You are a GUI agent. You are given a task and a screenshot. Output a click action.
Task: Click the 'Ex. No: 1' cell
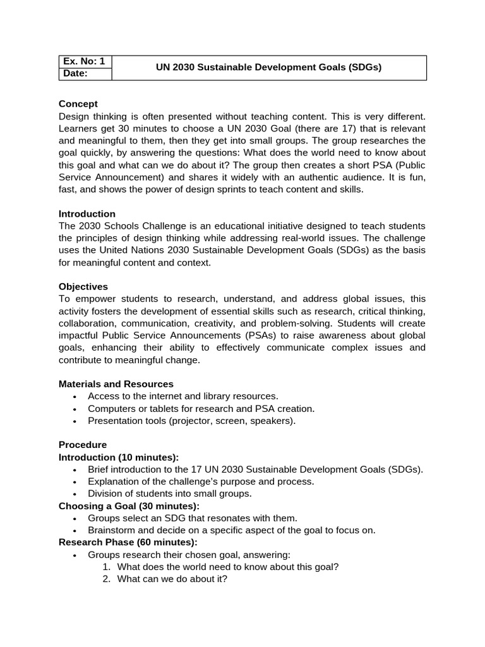click(83, 61)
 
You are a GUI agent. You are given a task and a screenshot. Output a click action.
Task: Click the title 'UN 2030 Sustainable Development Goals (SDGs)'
click(269, 68)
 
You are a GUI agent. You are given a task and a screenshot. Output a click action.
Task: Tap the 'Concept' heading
click(78, 104)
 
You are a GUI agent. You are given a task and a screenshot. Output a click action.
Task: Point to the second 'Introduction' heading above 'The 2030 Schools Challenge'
click(87, 214)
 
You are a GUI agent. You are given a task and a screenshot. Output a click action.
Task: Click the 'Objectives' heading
click(83, 286)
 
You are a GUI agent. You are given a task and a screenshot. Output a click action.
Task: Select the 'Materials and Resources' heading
click(116, 384)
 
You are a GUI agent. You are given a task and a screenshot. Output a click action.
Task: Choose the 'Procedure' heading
click(83, 444)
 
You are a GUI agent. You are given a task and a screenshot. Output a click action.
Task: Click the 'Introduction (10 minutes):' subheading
click(119, 457)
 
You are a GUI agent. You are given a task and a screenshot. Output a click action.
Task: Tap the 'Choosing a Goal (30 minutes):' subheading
click(129, 505)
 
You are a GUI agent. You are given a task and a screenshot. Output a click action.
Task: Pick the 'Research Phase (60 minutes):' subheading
click(128, 542)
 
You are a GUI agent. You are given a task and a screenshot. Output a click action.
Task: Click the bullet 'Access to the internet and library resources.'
click(183, 396)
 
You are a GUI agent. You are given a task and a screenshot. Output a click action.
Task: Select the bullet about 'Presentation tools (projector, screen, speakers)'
click(191, 420)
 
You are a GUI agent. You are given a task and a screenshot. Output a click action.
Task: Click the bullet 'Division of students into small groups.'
click(169, 493)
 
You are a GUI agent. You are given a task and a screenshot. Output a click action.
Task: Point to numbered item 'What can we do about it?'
click(172, 579)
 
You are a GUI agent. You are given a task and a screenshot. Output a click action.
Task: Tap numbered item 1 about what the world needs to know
click(228, 567)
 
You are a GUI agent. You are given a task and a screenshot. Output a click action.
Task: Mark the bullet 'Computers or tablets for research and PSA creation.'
click(201, 408)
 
